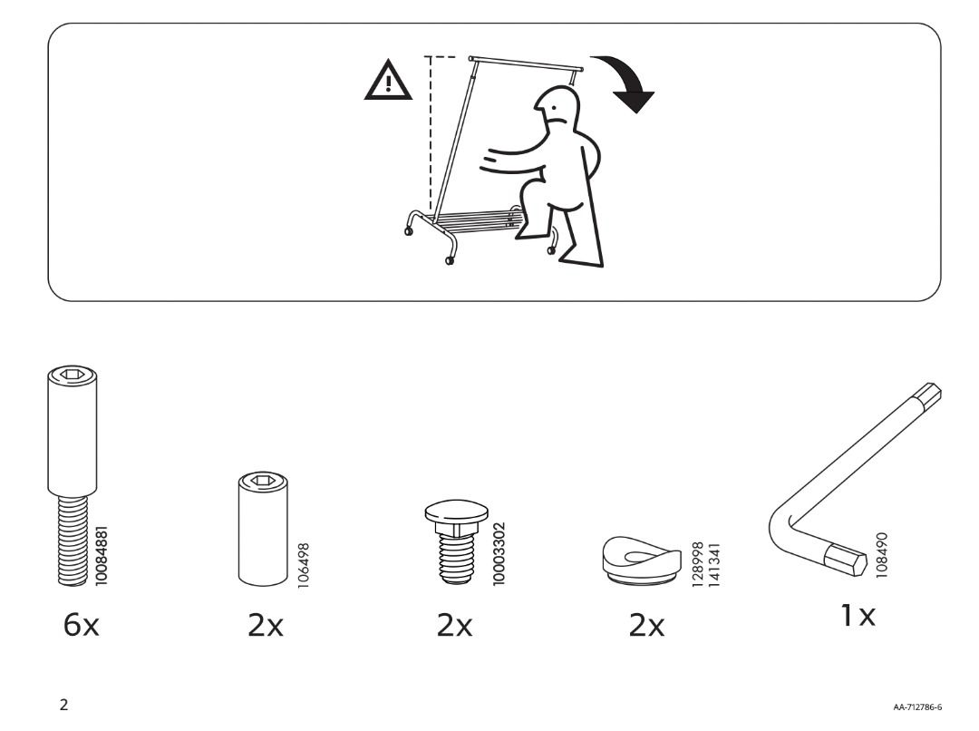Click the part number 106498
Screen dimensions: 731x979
(304, 563)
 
